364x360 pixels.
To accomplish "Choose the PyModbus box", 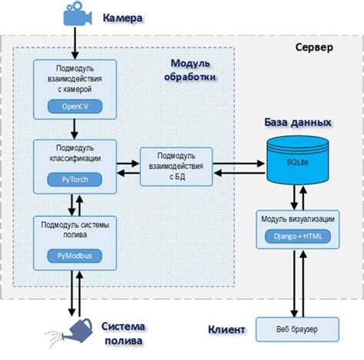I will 75,254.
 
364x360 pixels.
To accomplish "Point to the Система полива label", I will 125,332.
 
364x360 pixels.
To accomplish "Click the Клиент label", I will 227,330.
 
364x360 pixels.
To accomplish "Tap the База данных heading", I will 299,122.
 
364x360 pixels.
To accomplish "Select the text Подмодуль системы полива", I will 75,230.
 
